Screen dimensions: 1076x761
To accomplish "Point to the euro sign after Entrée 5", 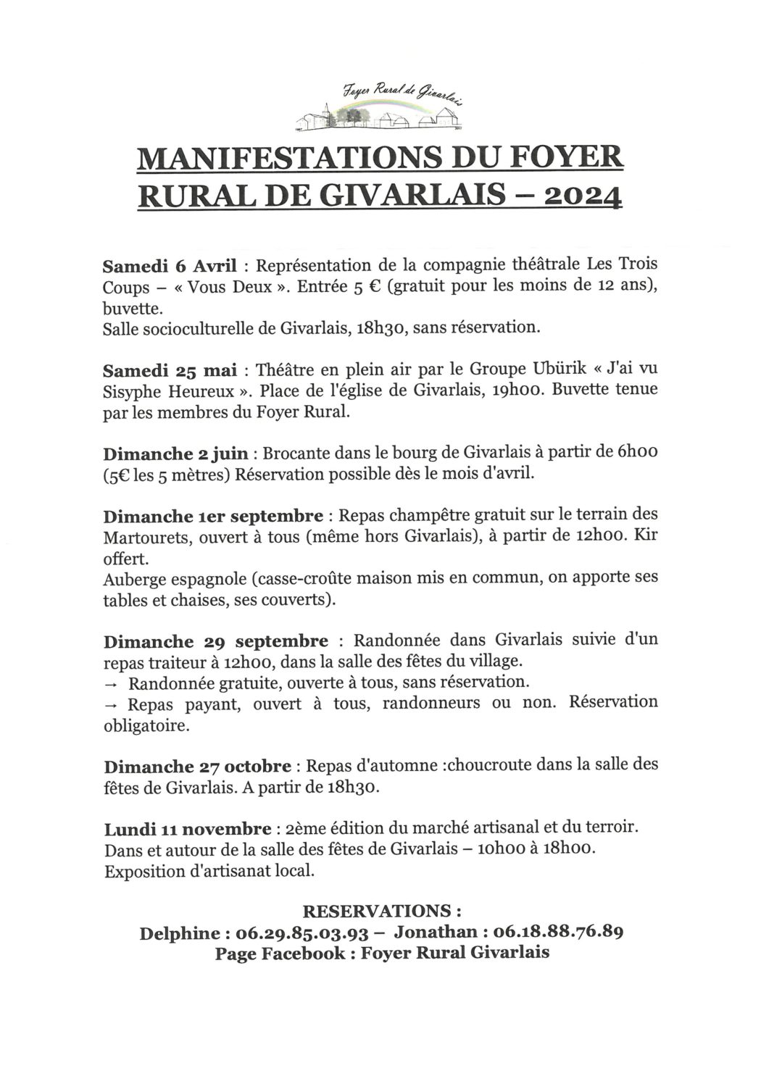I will tap(375, 285).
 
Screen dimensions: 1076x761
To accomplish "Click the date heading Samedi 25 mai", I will tap(170, 370).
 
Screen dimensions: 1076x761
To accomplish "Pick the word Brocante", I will tap(293, 454).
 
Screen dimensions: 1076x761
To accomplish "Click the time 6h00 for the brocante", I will tap(637, 453).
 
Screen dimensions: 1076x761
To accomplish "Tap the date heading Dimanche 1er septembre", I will tap(212, 517).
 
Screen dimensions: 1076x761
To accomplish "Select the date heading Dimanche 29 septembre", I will tap(215, 642).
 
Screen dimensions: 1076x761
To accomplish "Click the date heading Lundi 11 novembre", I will tap(188, 829).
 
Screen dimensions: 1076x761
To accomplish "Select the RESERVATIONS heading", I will tap(381, 911).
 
